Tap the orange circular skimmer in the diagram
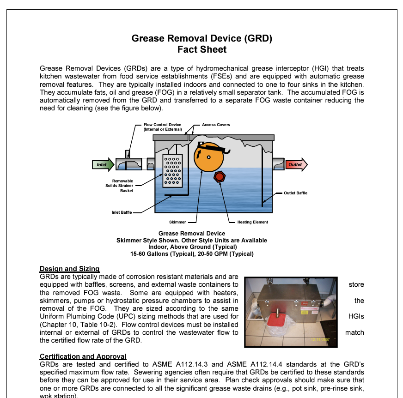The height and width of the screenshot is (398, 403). click(208, 157)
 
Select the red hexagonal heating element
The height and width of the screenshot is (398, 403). click(219, 177)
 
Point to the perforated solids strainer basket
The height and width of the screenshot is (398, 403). click(172, 171)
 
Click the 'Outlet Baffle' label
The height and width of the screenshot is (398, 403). click(295, 193)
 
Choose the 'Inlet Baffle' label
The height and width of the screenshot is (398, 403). click(122, 212)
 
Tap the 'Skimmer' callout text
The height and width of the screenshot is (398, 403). click(177, 222)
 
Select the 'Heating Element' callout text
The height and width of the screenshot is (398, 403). click(252, 222)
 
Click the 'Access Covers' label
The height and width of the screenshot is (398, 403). click(216, 125)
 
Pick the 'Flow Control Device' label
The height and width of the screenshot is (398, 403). click(162, 127)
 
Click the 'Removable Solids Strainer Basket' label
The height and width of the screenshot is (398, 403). click(122, 186)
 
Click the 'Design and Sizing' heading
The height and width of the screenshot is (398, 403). click(69, 269)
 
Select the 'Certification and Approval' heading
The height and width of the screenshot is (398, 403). click(83, 356)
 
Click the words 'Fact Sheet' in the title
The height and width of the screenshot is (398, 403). click(202, 49)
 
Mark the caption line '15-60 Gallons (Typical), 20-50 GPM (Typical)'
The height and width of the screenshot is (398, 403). click(192, 253)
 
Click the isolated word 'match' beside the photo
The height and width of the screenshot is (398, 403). click(354, 332)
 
